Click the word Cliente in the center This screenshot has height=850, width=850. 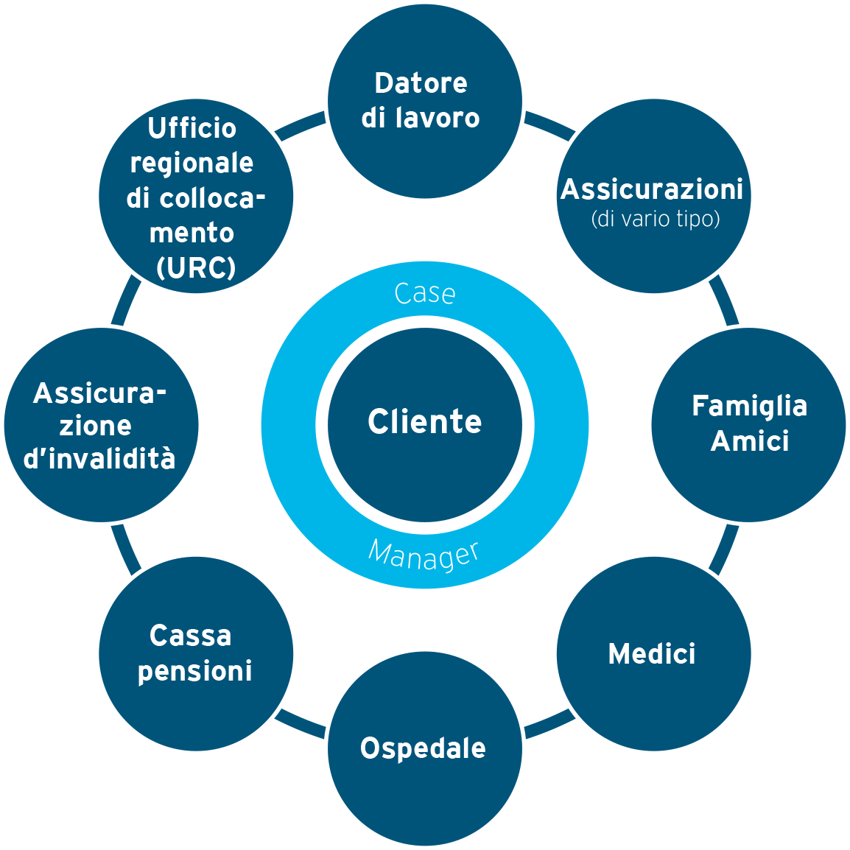click(424, 422)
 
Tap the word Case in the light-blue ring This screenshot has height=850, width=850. click(424, 293)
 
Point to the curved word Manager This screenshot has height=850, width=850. click(424, 555)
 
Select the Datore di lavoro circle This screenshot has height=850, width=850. click(424, 101)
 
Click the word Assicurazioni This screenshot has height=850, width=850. click(652, 190)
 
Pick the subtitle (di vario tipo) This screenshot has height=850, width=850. click(655, 219)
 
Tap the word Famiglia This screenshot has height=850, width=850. click(749, 406)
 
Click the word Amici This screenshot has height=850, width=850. click(749, 441)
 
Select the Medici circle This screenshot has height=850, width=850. click(653, 653)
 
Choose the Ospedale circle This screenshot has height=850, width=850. click(424, 748)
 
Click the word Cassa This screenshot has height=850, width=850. click(191, 636)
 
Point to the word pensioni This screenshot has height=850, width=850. click(195, 671)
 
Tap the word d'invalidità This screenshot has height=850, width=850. click(99, 458)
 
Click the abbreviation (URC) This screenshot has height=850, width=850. click(196, 267)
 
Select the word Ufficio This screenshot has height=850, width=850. click(192, 128)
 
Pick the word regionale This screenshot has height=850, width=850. click(192, 163)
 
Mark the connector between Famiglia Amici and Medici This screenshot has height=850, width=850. click(725, 549)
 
